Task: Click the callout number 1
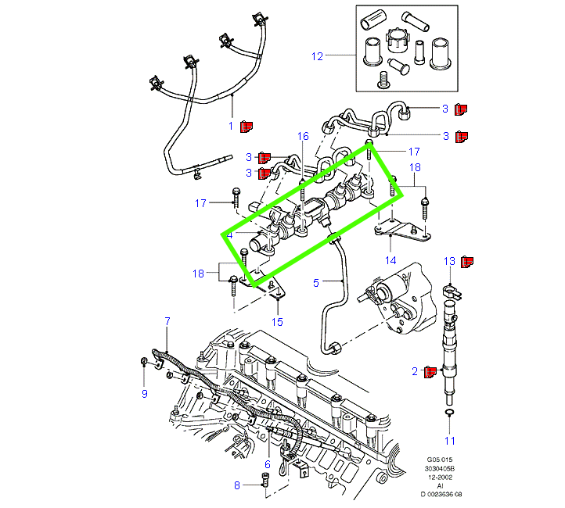click(231, 126)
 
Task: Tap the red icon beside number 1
click(247, 125)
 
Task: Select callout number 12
click(317, 56)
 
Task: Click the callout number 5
click(317, 282)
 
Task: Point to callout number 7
click(167, 321)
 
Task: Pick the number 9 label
click(144, 394)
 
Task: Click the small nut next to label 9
click(146, 360)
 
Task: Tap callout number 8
click(237, 485)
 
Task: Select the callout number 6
click(267, 464)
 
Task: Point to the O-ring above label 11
click(450, 412)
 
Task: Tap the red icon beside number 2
click(429, 371)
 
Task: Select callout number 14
click(390, 259)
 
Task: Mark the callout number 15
click(277, 321)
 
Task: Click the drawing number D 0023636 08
click(442, 494)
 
